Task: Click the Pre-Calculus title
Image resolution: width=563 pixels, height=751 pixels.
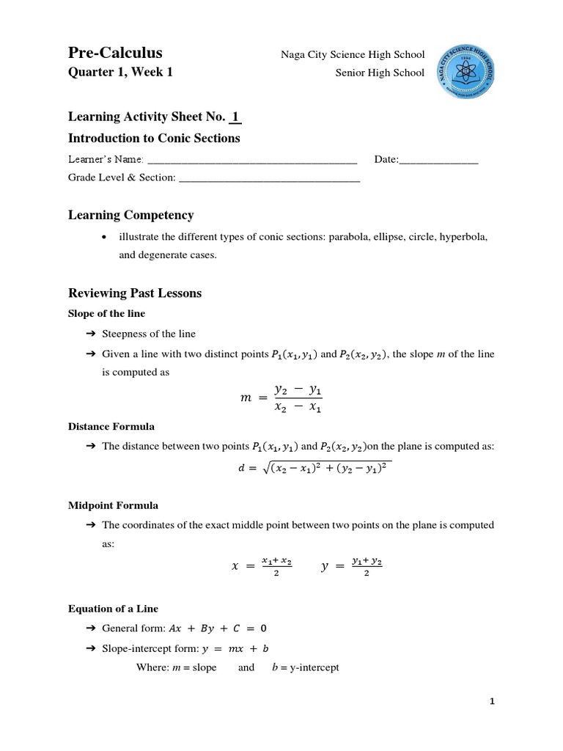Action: coord(115,53)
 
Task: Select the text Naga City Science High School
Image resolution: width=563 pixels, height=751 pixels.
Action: coord(353,55)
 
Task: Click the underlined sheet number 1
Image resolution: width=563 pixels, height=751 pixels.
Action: coord(235,117)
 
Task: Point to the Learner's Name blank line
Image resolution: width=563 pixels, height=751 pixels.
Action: coord(252,160)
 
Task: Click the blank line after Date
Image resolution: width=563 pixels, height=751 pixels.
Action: coord(438,160)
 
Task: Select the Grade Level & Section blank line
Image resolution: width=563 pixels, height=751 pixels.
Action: coord(269,178)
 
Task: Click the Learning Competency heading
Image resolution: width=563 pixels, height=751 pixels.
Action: coord(130,215)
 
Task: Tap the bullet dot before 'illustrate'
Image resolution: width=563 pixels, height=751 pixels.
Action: coord(107,238)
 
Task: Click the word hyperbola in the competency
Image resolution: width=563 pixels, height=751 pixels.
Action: coord(463,238)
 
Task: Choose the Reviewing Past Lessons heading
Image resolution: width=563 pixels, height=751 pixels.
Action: coord(134,293)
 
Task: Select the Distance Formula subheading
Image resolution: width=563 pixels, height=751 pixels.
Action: coord(111,426)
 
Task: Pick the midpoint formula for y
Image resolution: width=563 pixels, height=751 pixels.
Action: coord(352,566)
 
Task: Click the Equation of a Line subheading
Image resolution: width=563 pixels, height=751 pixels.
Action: coord(112,609)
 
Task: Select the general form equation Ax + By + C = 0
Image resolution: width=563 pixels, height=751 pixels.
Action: coord(218,629)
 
